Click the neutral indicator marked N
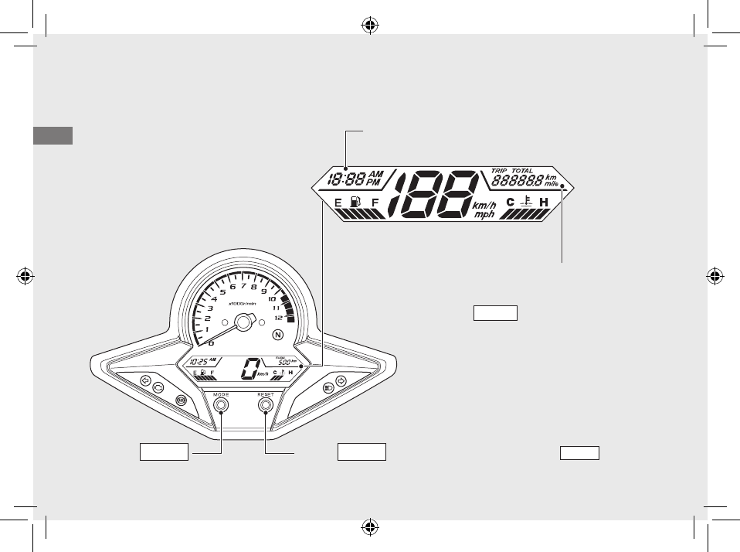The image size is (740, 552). tap(278, 335)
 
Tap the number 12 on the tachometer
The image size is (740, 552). tap(278, 317)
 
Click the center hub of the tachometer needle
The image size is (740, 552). tap(243, 322)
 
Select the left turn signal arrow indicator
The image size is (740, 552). tap(144, 380)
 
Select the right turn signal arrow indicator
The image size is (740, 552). tap(341, 380)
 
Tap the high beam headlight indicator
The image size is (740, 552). tap(328, 385)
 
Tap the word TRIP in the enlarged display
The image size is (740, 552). tap(500, 170)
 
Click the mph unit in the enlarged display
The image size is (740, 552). tap(484, 215)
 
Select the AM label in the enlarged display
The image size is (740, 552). tap(375, 174)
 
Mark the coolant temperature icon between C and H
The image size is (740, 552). tap(526, 203)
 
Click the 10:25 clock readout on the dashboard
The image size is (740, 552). tap(198, 361)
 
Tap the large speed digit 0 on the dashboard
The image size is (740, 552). tap(248, 370)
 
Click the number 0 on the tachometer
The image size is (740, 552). tap(212, 342)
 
